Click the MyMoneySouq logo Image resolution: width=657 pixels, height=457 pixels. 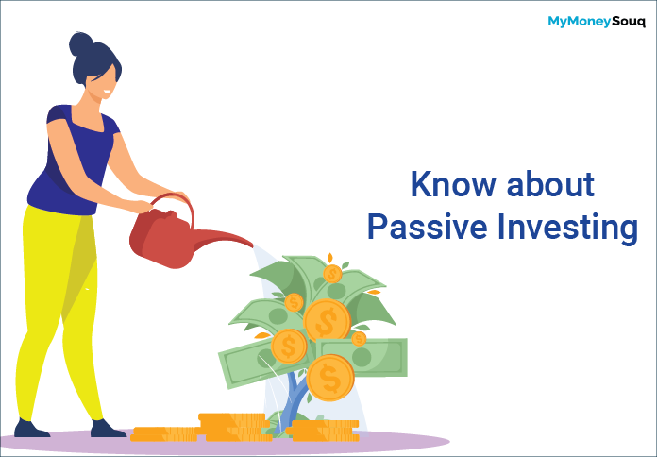[597, 22]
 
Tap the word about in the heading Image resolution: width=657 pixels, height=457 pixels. [550, 183]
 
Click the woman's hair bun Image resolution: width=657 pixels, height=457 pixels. [81, 44]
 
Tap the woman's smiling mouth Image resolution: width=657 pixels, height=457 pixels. [108, 93]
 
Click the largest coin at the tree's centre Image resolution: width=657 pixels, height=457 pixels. [327, 321]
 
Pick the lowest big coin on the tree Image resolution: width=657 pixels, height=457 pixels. [330, 378]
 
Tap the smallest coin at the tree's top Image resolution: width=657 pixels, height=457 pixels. [332, 274]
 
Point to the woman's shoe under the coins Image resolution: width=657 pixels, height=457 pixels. [108, 429]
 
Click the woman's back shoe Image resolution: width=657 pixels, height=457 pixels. [30, 428]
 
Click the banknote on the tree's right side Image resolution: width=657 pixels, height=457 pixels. [362, 357]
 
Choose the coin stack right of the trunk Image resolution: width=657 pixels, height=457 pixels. [324, 431]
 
